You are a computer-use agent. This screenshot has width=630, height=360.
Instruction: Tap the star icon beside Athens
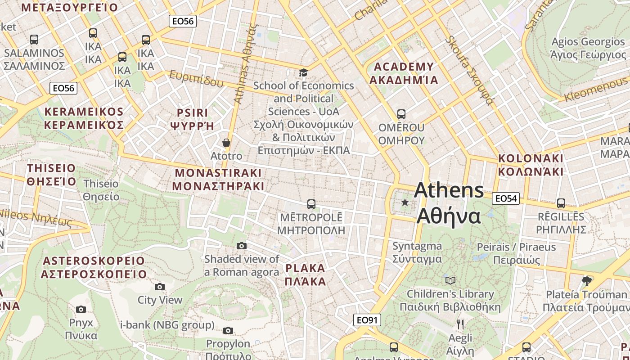(405, 202)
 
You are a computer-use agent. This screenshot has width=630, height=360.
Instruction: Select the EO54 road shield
(506, 198)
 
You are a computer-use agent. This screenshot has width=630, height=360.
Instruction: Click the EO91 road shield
(367, 320)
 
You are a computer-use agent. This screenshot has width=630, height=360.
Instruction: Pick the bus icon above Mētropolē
(311, 204)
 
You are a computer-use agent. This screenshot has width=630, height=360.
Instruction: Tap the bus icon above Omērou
(401, 114)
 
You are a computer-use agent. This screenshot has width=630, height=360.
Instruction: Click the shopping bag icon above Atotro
(226, 143)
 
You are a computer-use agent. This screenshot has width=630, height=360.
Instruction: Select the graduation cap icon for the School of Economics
(304, 72)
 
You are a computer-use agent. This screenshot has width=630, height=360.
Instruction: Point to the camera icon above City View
(160, 287)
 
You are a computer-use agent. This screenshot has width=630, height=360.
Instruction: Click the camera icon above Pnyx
(81, 309)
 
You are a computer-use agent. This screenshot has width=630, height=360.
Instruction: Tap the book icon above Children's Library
(450, 280)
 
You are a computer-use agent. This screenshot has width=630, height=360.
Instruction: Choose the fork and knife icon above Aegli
(460, 324)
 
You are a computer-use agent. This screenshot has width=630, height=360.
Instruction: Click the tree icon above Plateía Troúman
(586, 281)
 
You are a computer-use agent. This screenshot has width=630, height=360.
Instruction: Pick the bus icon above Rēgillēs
(561, 203)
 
